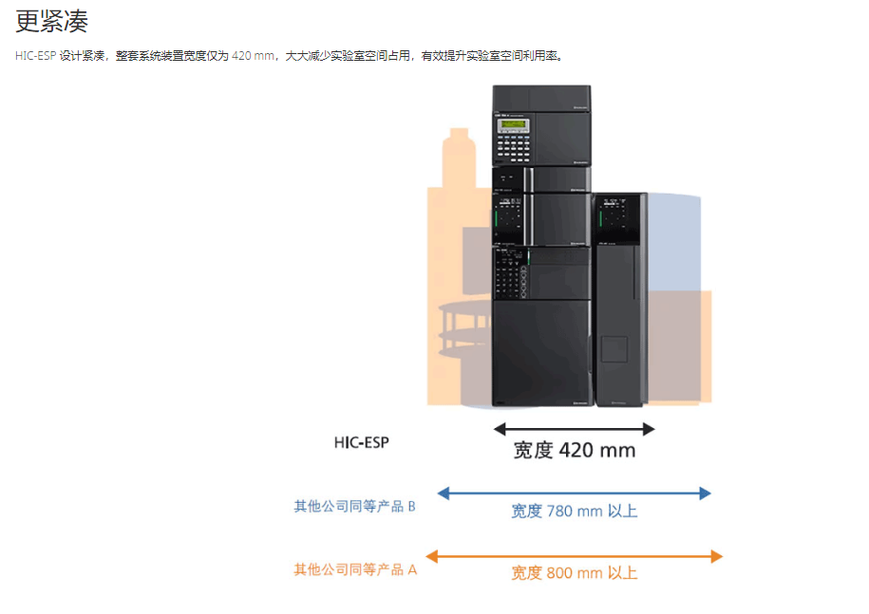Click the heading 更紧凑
click(51, 22)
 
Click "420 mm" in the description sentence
click(253, 56)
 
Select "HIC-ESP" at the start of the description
click(35, 56)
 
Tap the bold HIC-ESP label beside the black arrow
click(361, 442)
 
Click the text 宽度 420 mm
click(575, 450)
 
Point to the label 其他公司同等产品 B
click(354, 506)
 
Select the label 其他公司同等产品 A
click(355, 569)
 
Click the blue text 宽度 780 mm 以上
click(575, 511)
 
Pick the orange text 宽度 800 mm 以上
click(575, 573)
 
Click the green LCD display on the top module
click(513, 124)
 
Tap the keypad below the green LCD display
click(513, 147)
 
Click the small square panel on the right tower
click(614, 349)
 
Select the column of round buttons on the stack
click(523, 281)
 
